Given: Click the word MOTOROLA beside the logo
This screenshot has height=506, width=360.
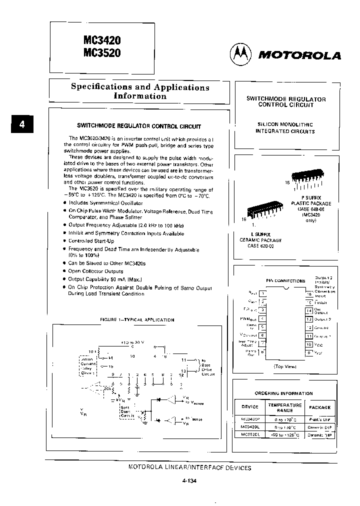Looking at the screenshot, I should (x=299, y=55).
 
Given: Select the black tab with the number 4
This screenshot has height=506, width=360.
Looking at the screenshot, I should (x=21, y=124).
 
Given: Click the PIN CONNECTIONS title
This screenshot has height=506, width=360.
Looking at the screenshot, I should (x=285, y=281).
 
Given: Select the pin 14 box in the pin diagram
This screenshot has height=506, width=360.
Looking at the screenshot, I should (x=308, y=310).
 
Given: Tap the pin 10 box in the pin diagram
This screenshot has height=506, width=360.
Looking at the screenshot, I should (x=308, y=344).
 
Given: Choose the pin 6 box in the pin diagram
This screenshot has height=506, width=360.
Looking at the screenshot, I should (x=263, y=336).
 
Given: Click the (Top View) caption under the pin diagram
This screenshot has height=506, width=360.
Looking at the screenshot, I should (x=284, y=366).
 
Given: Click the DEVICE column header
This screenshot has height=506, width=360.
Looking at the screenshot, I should (x=249, y=407).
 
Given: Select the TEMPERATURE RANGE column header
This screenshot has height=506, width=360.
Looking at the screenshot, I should (x=284, y=407).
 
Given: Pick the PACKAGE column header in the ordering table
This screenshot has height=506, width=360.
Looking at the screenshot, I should (x=319, y=407).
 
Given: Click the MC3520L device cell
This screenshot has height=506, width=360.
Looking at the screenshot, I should (x=249, y=435).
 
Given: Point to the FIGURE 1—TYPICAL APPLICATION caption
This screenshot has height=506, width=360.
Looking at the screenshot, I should (x=137, y=319).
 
